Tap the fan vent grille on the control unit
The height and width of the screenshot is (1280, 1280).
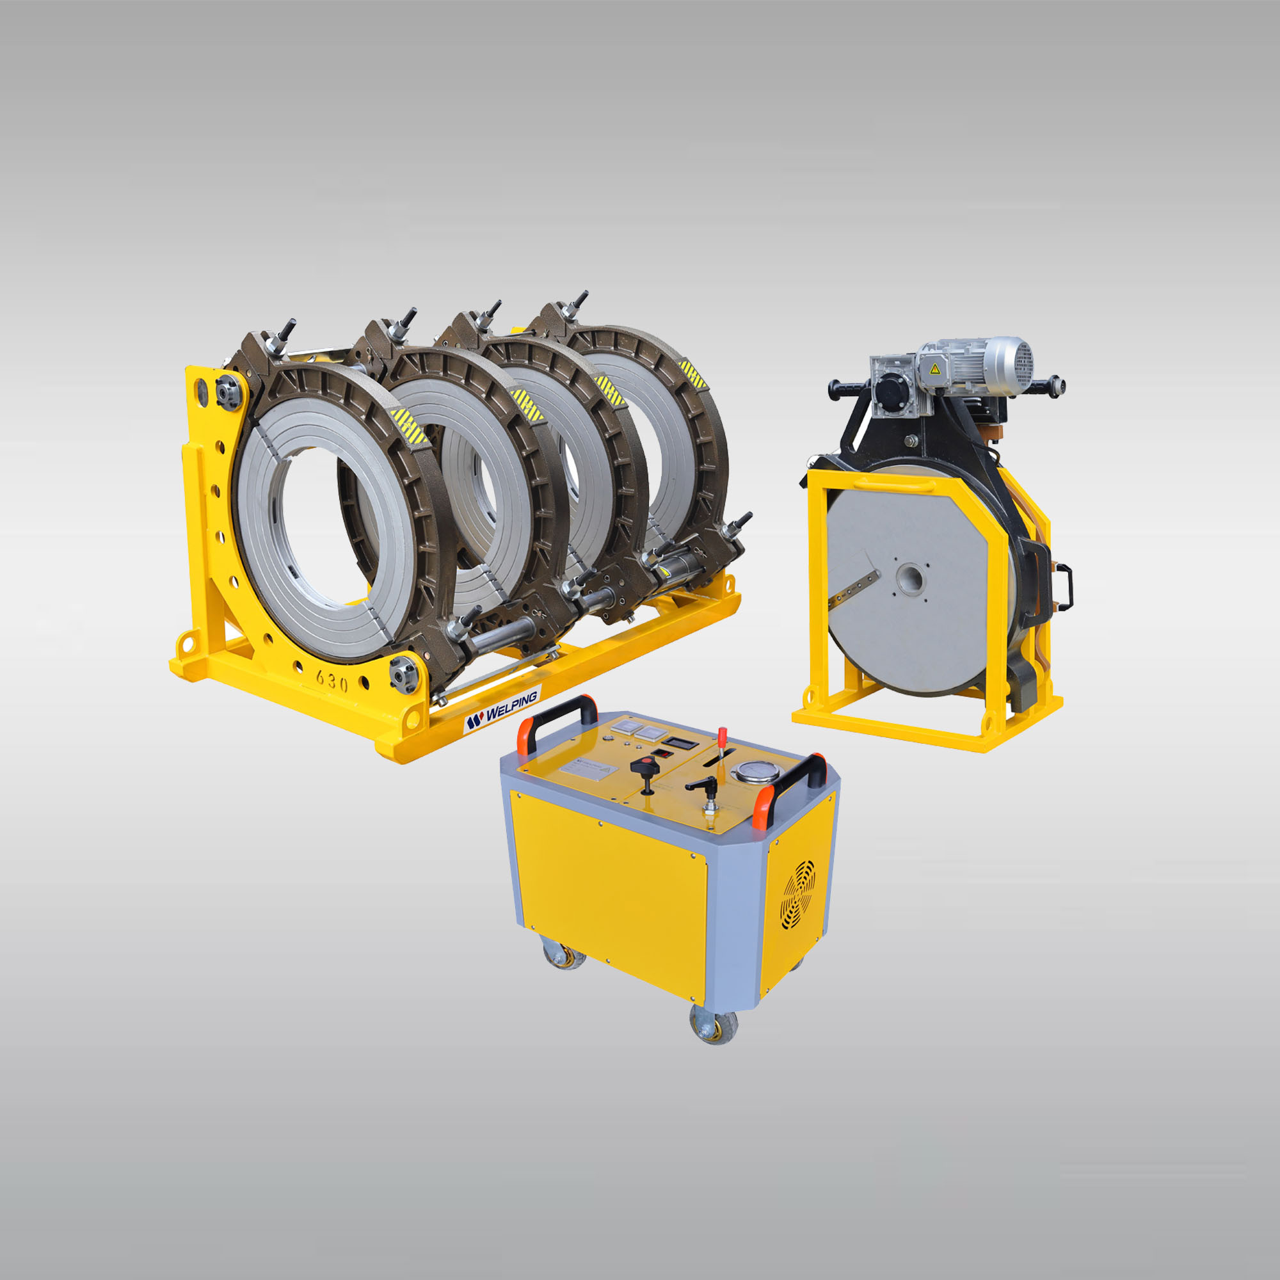798,895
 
